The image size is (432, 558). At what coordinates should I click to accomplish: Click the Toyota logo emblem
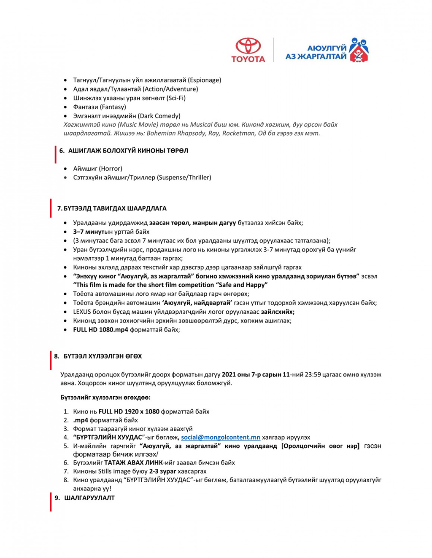point(248,46)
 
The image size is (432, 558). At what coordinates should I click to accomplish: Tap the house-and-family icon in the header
point(358,50)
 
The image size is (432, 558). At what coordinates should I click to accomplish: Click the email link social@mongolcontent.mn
point(221,437)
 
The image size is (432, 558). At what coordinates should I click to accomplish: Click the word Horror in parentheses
point(111,168)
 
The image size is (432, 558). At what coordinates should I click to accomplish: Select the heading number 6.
point(62,151)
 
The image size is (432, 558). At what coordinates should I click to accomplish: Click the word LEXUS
point(83,312)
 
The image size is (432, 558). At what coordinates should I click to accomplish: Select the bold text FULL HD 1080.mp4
point(100,330)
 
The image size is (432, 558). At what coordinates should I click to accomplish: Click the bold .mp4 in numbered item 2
point(81,420)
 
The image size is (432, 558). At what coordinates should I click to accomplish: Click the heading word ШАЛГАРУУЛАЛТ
point(89,498)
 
